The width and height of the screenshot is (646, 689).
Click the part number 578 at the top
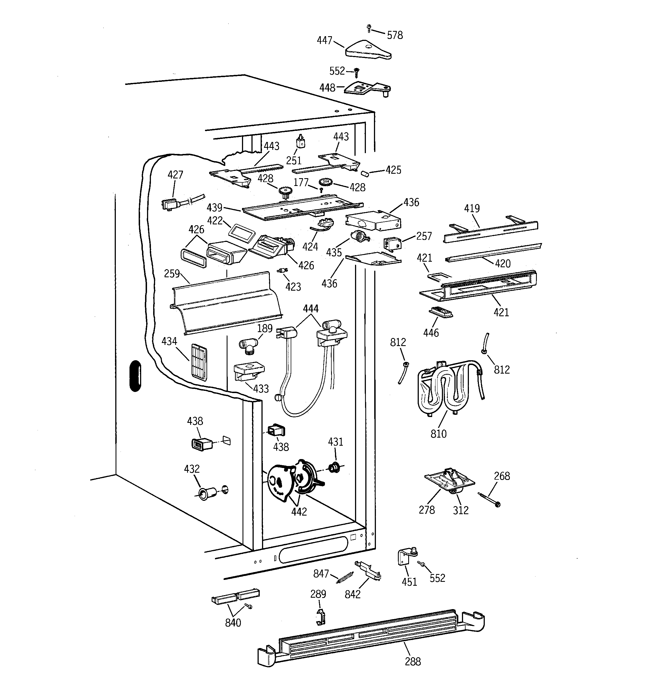395,35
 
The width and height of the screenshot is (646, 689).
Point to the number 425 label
393,170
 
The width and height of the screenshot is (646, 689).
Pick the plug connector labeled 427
169,204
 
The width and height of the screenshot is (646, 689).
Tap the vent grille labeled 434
199,362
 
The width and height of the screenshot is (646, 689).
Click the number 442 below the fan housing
299,512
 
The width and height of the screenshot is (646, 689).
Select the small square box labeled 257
392,244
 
